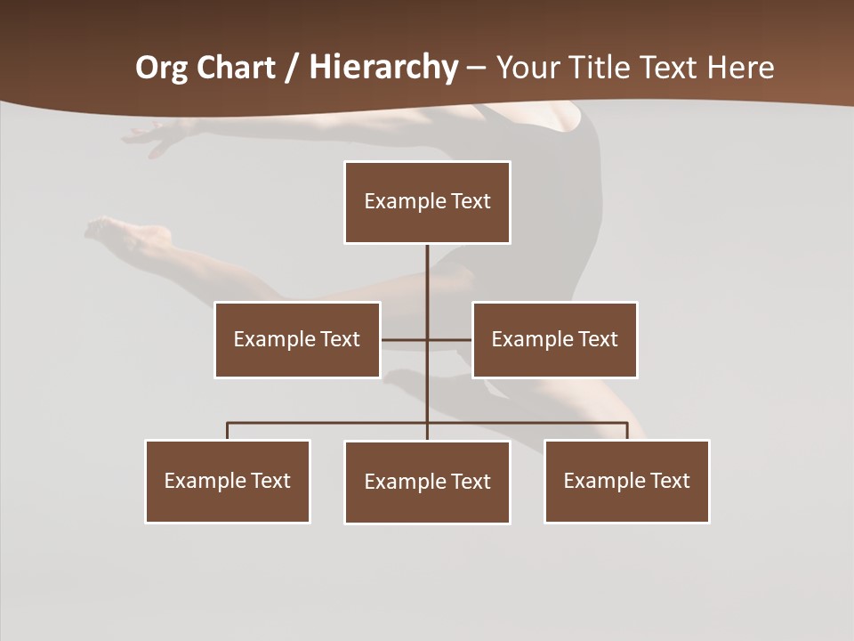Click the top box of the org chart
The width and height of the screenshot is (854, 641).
(x=427, y=202)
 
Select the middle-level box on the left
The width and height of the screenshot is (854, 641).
(x=297, y=339)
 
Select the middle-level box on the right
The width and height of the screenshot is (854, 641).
(x=554, y=339)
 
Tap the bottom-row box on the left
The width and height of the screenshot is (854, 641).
(x=228, y=481)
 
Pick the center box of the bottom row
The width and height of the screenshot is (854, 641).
(x=427, y=482)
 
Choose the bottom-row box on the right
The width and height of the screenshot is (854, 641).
(x=626, y=481)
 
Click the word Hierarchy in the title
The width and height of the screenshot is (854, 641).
(x=383, y=68)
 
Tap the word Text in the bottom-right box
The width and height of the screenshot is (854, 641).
(x=669, y=481)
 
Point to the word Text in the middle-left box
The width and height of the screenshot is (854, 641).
(x=340, y=339)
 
